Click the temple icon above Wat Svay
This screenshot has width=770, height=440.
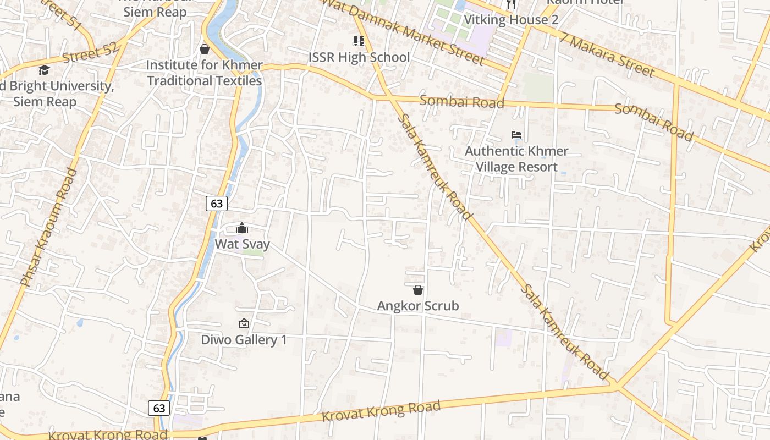point(242,228)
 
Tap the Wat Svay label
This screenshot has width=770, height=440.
point(242,244)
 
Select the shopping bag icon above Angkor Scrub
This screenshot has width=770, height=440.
point(418,289)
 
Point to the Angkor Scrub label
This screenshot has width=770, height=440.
point(418,306)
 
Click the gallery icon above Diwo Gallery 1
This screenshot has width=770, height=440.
point(244,323)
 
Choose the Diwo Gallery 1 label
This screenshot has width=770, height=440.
point(244,339)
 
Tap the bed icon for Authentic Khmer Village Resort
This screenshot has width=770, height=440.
point(516,135)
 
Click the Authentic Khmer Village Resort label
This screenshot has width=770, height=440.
point(516,158)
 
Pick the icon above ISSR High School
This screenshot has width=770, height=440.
point(359,41)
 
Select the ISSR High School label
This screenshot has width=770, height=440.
point(359,57)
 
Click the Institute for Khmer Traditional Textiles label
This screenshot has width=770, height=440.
point(204,73)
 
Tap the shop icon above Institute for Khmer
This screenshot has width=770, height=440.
point(205,49)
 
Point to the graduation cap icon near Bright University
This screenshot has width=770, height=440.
point(44,70)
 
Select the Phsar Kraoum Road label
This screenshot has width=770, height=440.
point(49,227)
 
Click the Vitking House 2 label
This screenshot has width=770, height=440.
point(511,20)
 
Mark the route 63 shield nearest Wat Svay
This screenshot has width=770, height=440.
point(217,204)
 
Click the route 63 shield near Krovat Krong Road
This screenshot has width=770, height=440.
point(159,408)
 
